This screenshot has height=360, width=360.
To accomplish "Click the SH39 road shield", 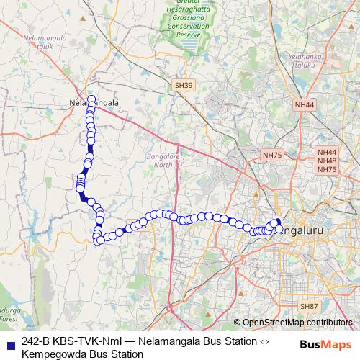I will tap(184, 85).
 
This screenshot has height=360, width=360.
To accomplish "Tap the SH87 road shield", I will tap(310, 306).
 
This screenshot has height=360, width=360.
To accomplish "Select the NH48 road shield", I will tap(327, 161).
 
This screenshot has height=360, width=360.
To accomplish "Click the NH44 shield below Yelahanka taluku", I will tap(305, 105).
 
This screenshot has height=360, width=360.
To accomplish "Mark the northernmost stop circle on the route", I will tap(91, 99).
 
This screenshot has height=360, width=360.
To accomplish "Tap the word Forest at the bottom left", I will tap(9, 318).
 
